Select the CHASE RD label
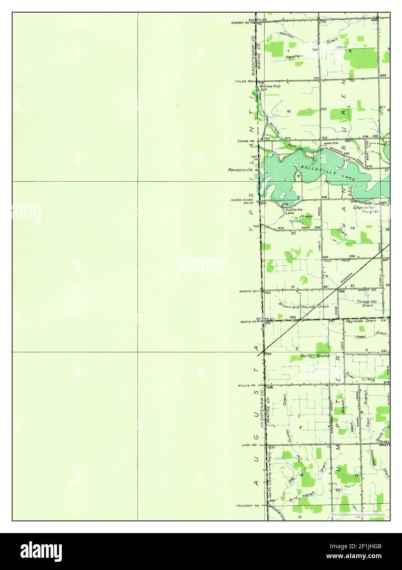coord(246,141)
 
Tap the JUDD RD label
coord(248,445)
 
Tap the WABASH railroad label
coord(346,279)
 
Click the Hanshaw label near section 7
coord(294,57)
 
